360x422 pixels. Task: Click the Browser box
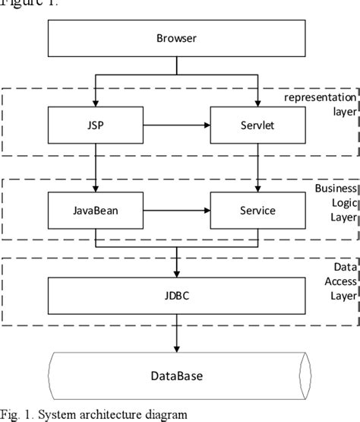click(176, 38)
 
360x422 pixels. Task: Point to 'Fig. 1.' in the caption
click(15, 414)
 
